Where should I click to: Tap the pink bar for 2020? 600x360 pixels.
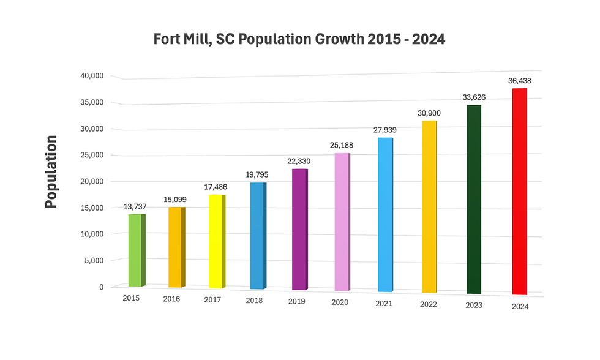pos(341,222)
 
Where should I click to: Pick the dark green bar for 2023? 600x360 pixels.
pos(473,200)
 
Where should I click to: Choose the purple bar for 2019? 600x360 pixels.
pos(299,230)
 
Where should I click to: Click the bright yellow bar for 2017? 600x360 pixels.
pos(216,242)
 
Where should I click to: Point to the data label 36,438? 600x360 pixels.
pos(520,80)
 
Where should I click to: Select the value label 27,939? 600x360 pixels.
pos(386,130)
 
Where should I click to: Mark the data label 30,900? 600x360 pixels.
pos(429,113)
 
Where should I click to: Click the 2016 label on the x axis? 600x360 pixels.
pos(173,299)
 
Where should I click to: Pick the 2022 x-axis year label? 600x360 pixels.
pos(429,304)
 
